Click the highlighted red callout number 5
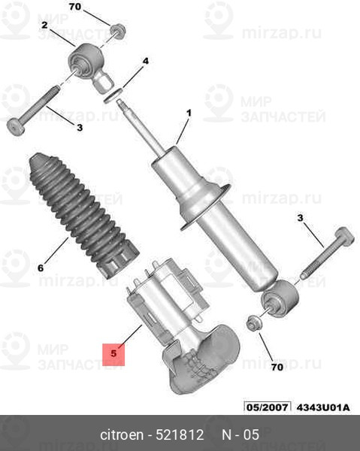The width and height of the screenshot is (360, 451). (113, 353)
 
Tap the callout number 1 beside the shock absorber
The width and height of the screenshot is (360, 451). (189, 113)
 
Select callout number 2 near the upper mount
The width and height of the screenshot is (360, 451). (44, 26)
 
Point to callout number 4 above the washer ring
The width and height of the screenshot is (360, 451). (146, 61)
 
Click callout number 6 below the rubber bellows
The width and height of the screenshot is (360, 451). (41, 268)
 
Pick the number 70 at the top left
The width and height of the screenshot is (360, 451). (75, 7)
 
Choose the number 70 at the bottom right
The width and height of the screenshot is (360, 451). (277, 367)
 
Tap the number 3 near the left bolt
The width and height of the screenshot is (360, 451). (80, 127)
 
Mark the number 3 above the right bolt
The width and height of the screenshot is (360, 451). (300, 218)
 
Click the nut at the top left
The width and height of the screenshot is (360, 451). (118, 31)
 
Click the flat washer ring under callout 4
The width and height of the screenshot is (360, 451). (113, 95)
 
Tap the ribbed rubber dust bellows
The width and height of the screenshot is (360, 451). (83, 214)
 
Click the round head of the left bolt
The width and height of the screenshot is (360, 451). (16, 127)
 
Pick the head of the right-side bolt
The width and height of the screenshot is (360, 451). (344, 237)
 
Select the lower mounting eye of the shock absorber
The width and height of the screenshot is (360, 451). (280, 298)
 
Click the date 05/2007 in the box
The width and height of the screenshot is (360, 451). (268, 407)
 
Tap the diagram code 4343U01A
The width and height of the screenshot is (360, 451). (323, 407)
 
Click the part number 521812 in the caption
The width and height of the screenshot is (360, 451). (180, 434)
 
